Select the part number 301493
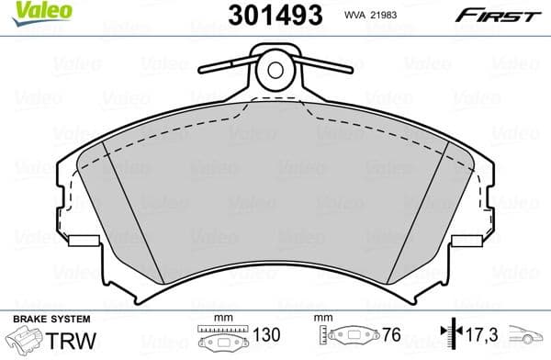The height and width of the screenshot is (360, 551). click(x=273, y=15)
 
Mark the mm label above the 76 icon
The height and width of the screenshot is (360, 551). click(x=322, y=319)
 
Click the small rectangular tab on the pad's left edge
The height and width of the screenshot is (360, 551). click(x=84, y=242)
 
